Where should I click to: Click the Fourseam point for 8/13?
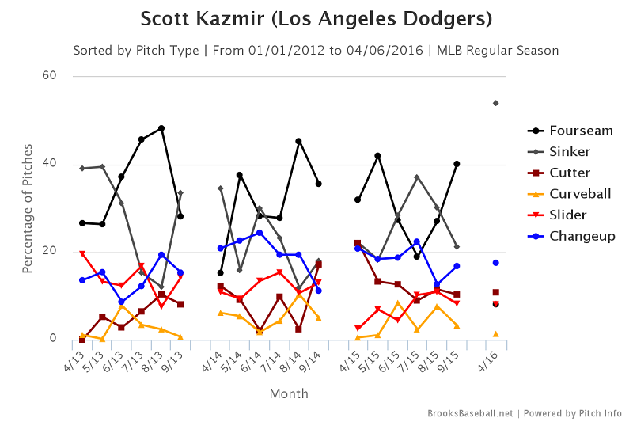pyautogui.click(x=161, y=128)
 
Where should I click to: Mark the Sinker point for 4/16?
pyautogui.click(x=495, y=103)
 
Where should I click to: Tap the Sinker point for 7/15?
pyautogui.click(x=417, y=177)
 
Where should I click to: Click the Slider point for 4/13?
pyautogui.click(x=82, y=254)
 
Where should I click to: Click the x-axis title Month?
pyautogui.click(x=289, y=393)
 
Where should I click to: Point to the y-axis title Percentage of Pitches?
pyautogui.click(x=28, y=208)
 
